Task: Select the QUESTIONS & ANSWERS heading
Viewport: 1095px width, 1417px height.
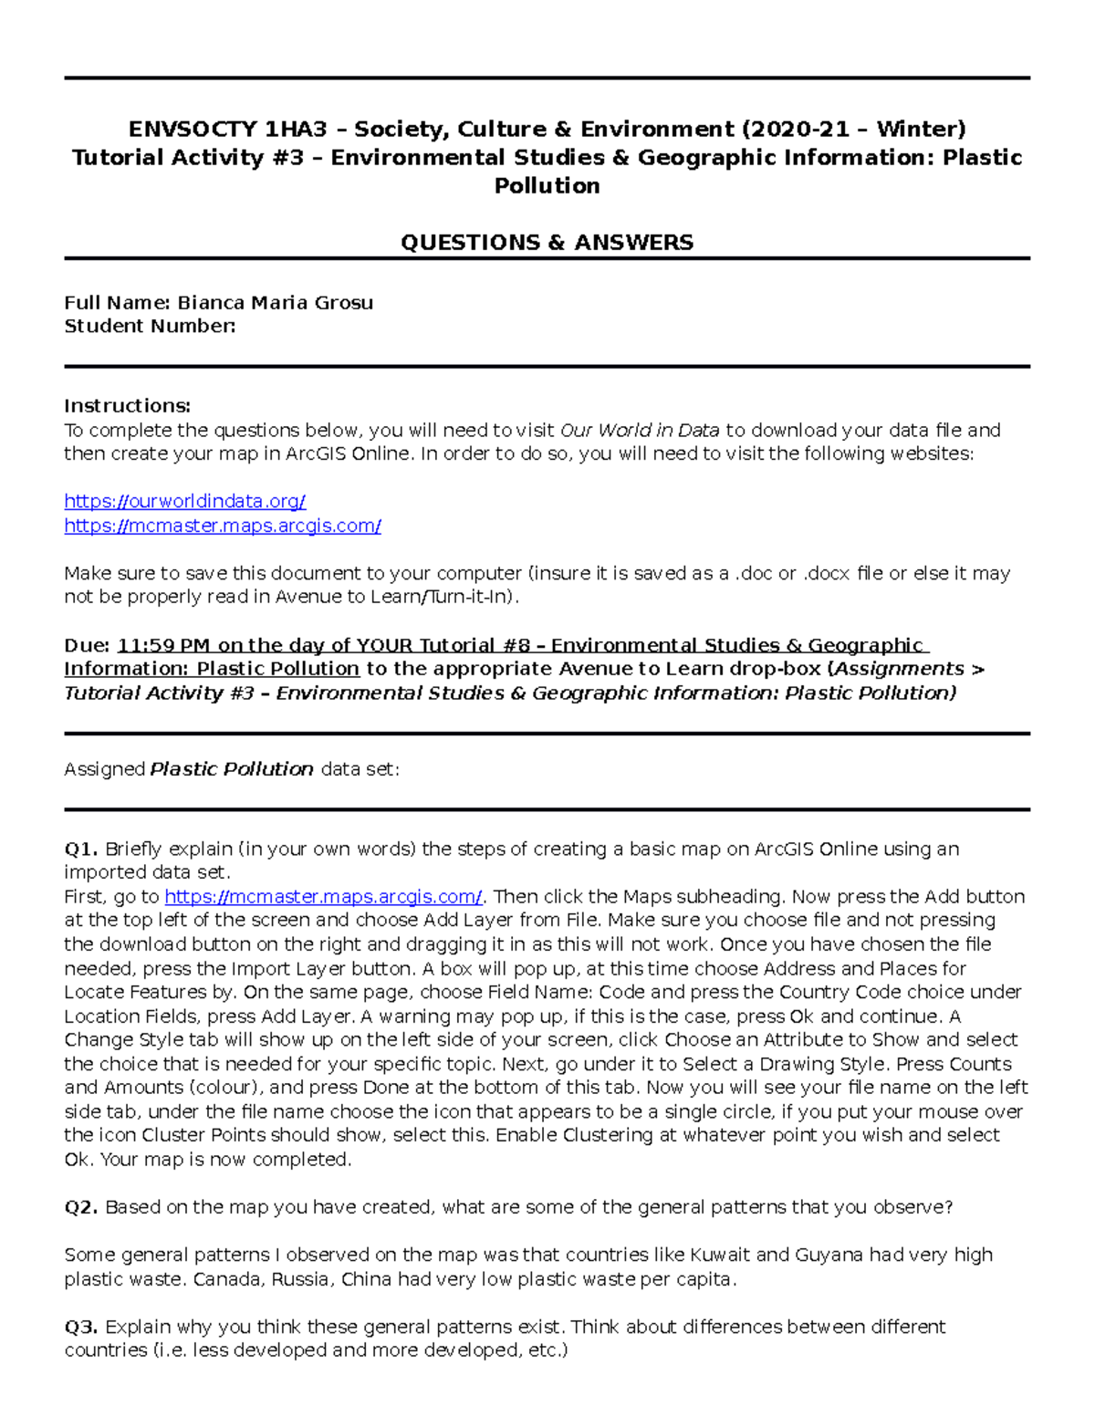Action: pyautogui.click(x=547, y=242)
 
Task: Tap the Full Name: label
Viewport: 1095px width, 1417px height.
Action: pyautogui.click(x=117, y=303)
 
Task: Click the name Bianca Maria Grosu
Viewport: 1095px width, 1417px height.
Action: pyautogui.click(x=275, y=303)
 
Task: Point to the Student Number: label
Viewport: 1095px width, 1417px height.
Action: pyautogui.click(x=150, y=327)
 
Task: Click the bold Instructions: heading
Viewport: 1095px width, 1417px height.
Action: pyautogui.click(x=127, y=406)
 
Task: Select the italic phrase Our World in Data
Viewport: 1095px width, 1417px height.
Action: pyautogui.click(x=640, y=430)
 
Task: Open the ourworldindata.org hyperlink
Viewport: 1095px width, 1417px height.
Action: pyautogui.click(x=184, y=502)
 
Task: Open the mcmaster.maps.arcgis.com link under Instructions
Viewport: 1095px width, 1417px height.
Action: pyautogui.click(x=222, y=526)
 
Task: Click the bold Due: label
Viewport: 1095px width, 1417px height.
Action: pyautogui.click(x=87, y=646)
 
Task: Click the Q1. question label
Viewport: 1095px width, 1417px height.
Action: pyautogui.click(x=81, y=849)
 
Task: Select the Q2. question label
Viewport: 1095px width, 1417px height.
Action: pyautogui.click(x=81, y=1207)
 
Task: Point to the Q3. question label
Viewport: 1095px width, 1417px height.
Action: pyautogui.click(x=81, y=1327)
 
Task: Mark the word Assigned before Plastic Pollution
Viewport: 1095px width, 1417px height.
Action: pyautogui.click(x=104, y=769)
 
